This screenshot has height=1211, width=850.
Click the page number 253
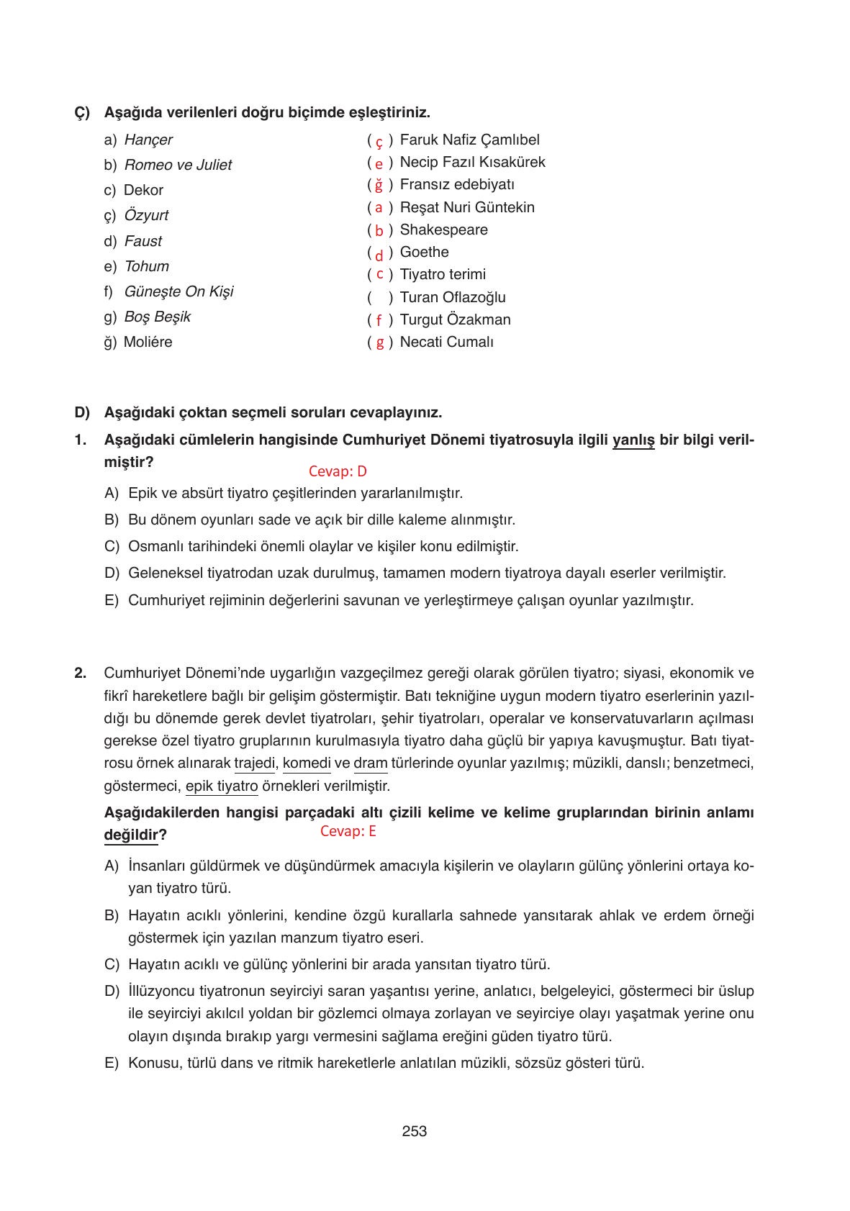point(414,1131)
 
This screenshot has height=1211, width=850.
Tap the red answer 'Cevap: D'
point(338,471)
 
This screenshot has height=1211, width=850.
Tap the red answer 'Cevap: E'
point(348,831)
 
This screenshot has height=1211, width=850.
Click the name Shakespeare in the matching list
point(443,230)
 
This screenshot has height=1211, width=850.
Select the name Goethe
point(424,252)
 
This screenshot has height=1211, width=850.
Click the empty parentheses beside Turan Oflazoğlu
point(380,297)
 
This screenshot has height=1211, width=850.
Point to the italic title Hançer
point(148,140)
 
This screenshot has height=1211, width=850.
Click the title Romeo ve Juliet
point(178,165)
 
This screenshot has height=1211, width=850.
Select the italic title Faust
point(143,241)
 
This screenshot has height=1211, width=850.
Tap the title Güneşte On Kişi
point(178,291)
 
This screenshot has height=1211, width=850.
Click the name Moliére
point(148,342)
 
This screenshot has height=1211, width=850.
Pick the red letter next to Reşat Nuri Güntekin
point(379,208)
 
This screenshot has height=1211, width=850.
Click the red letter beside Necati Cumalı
point(379,343)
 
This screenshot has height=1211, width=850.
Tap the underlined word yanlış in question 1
point(633,440)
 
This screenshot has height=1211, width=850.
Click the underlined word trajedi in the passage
point(255,763)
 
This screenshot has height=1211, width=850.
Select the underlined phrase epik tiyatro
point(222,786)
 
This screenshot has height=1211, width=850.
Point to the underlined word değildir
point(130,835)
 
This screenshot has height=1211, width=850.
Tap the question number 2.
point(80,673)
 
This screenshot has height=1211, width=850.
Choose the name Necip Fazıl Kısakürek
point(472,162)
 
